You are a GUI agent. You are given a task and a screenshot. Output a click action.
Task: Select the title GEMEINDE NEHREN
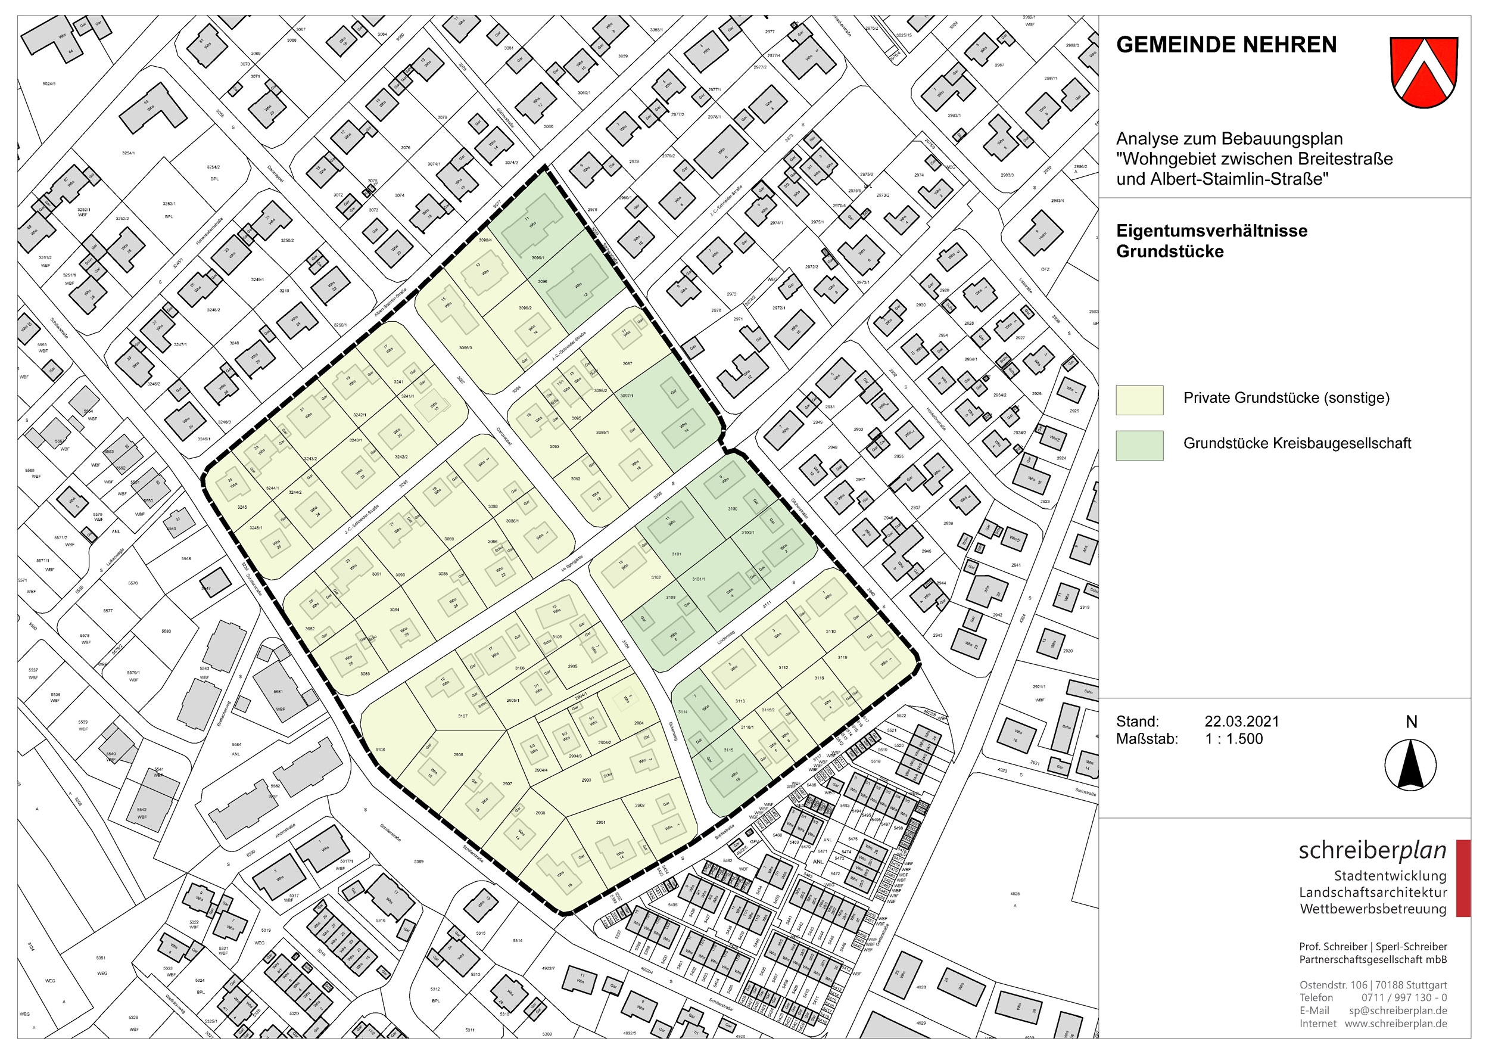click(1226, 45)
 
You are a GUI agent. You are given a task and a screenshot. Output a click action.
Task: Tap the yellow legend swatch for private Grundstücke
click(1139, 400)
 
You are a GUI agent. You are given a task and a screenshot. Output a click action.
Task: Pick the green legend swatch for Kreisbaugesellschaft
click(1139, 445)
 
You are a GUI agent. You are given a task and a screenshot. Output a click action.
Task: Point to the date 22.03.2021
click(1241, 721)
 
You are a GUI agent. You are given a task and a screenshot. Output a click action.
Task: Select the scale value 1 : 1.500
click(1233, 739)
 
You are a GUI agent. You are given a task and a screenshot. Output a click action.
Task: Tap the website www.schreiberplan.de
click(1395, 1024)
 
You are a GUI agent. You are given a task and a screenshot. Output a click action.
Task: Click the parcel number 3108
click(379, 750)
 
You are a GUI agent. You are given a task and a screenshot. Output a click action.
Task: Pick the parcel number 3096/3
click(465, 348)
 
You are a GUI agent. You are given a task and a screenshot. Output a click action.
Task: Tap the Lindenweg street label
click(725, 638)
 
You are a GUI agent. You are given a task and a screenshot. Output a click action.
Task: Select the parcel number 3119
click(842, 657)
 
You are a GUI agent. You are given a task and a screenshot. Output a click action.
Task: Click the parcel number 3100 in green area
click(732, 509)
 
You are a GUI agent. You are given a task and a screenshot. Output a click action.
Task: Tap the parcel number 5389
click(419, 861)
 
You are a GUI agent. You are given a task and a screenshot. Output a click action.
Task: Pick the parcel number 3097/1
click(626, 396)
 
